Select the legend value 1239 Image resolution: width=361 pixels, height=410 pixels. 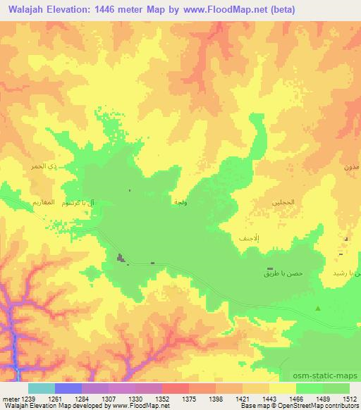click(x=27, y=399)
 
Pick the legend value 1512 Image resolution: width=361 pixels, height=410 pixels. click(x=350, y=399)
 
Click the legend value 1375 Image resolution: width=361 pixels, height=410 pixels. click(x=189, y=399)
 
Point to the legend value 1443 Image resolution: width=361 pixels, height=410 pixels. click(x=269, y=399)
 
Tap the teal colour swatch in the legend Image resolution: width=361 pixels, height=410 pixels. click(x=41, y=388)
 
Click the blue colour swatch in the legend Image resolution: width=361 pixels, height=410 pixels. click(x=68, y=388)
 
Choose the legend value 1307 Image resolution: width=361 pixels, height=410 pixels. click(x=108, y=399)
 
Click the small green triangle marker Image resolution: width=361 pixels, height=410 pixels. click(x=318, y=309)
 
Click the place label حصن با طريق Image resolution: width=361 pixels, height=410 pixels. click(x=276, y=272)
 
